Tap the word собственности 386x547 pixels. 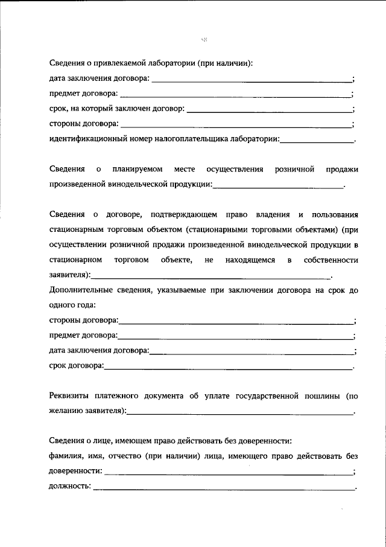tap(332, 260)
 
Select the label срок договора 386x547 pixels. tap(76, 365)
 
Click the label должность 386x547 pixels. tap(70, 486)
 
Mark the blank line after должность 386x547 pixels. tap(223, 488)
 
